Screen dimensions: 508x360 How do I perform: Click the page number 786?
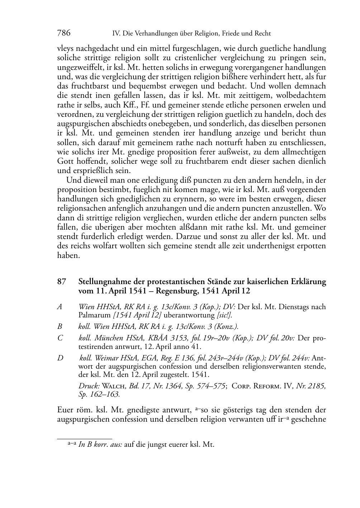click(64, 33)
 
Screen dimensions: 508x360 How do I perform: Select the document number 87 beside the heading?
click(62, 282)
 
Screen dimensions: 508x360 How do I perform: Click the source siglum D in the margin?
click(60, 358)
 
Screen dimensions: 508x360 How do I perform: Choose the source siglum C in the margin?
click(60, 338)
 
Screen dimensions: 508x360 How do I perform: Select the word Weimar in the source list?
click(106, 358)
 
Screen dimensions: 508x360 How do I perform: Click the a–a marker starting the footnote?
click(72, 444)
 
